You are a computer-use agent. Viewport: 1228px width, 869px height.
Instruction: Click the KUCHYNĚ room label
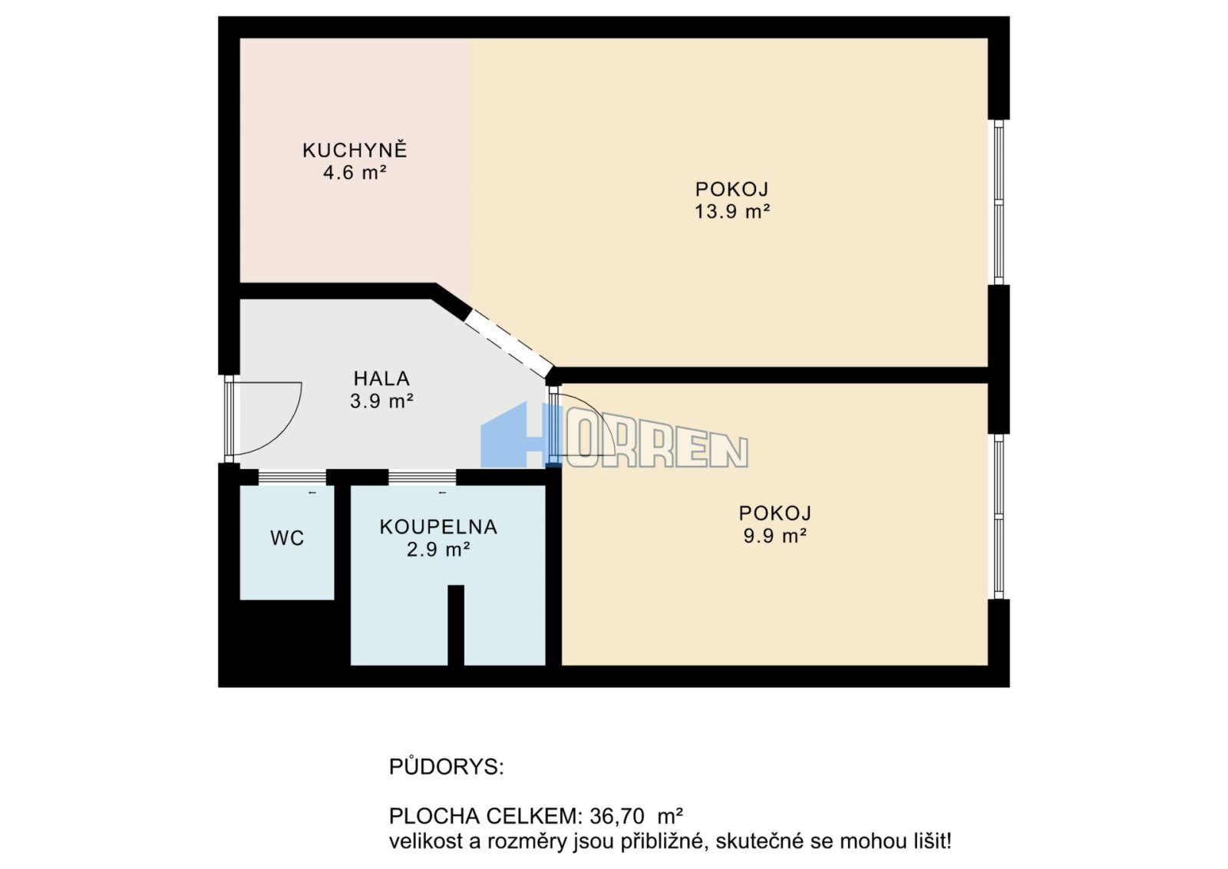(x=355, y=150)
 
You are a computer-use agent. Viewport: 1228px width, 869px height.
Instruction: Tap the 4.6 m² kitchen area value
(x=355, y=173)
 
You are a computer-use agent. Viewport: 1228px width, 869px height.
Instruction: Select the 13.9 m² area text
(x=732, y=212)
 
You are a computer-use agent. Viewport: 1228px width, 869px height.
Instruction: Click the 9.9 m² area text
(x=774, y=536)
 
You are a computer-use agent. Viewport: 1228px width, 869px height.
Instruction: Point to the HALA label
(x=381, y=378)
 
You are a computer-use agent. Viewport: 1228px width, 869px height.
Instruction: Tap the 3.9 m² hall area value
(x=381, y=401)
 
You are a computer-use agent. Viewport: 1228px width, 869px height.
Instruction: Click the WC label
(x=287, y=538)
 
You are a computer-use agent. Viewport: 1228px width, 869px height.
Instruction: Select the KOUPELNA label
(x=438, y=527)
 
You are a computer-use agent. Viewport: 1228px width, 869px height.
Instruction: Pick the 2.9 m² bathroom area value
(x=438, y=550)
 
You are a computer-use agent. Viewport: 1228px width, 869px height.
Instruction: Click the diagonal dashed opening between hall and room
(x=509, y=345)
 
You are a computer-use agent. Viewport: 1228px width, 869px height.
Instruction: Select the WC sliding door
(x=292, y=477)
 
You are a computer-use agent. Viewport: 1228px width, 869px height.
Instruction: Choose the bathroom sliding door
(x=422, y=477)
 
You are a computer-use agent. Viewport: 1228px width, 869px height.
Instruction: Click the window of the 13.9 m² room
(x=999, y=202)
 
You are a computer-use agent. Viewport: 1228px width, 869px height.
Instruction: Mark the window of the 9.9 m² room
(x=999, y=517)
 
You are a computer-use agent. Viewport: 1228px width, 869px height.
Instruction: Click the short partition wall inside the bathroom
(x=456, y=625)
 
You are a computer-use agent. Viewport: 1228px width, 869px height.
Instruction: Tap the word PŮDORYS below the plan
(x=446, y=766)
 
